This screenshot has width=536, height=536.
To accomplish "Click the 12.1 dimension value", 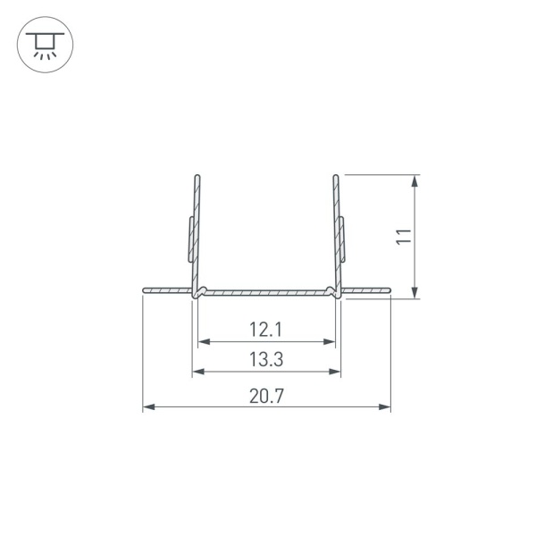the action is coord(266,330).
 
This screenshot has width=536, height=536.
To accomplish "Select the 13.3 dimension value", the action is coord(266,360).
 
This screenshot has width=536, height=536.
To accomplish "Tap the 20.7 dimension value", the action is coord(266,396).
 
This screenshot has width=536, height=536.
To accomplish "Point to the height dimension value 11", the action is coord(404,236).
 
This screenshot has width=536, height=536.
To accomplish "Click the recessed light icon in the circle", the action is coord(45,45).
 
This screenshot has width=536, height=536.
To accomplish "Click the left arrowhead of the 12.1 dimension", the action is coord(204,341).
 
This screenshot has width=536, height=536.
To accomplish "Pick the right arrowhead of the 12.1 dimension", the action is coord(329,341).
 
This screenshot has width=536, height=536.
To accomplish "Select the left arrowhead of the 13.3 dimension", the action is coord(198,372).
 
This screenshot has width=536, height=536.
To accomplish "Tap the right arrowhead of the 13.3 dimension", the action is coord(335,372).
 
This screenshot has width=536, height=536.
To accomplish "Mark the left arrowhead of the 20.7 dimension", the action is coord(148,406).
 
